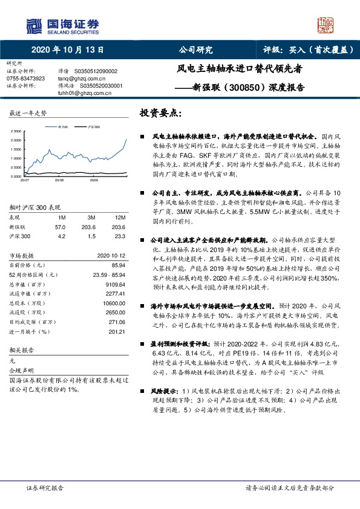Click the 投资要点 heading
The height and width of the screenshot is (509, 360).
pos(160,113)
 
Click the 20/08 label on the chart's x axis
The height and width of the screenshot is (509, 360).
pos(59,180)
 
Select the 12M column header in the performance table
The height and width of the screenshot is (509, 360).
pos(120,216)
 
